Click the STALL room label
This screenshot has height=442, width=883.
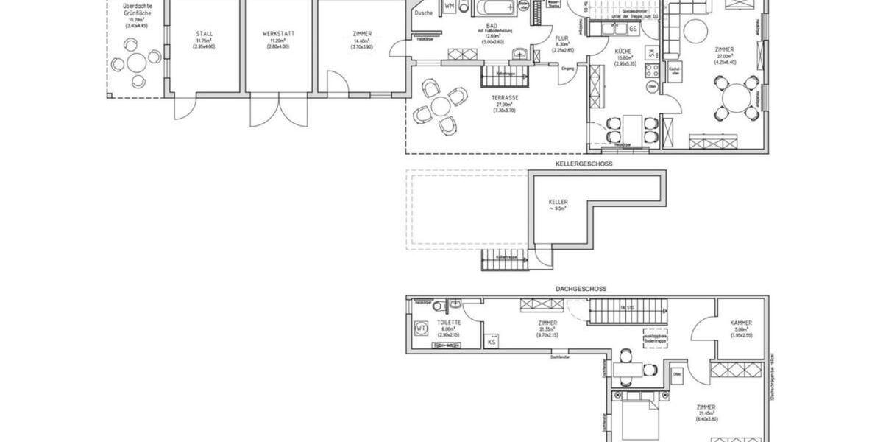[x=204, y=34]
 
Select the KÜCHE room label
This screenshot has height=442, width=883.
[x=624, y=51]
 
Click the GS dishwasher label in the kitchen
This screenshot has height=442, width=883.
[x=633, y=29]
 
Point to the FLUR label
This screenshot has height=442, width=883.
[x=561, y=38]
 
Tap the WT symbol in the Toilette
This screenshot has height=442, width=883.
[x=422, y=328]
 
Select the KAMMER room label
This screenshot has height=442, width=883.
[x=741, y=323]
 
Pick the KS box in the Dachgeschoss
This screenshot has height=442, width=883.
[x=492, y=341]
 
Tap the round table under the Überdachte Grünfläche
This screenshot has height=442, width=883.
[x=136, y=61]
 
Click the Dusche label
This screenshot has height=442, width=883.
[x=423, y=13]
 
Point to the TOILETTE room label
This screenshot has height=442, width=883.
[x=448, y=323]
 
